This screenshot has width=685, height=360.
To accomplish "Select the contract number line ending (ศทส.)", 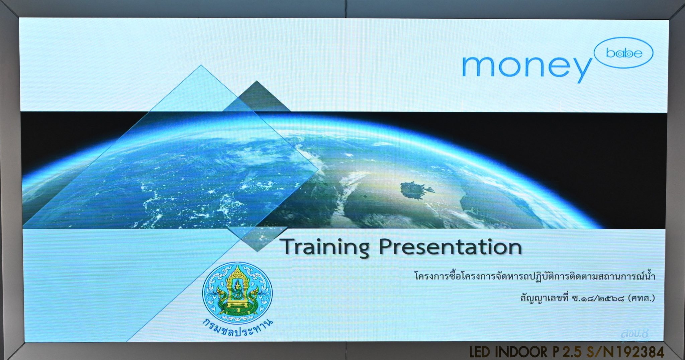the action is click(587, 298).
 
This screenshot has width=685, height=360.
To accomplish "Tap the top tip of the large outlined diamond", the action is click(201, 65).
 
